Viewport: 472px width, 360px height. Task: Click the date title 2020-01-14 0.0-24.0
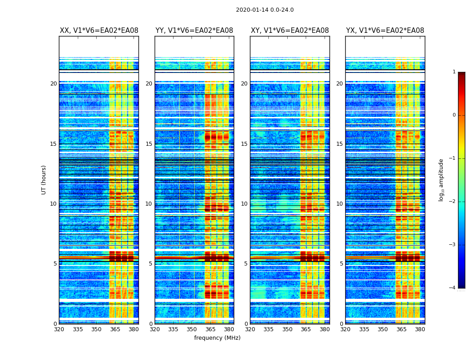tap(265, 10)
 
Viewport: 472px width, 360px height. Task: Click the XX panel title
tap(99, 31)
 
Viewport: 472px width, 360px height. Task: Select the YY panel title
tap(194, 31)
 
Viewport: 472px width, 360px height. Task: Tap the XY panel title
tap(289, 31)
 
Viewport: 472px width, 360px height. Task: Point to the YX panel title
tap(385, 31)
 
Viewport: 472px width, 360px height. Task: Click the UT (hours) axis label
tap(44, 180)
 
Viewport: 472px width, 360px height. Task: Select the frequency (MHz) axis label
tap(217, 338)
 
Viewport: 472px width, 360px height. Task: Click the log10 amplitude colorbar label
tap(441, 180)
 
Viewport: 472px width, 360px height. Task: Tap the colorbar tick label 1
tap(454, 72)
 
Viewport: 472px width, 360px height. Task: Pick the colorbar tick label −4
tap(453, 288)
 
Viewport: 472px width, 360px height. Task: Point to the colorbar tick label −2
tap(453, 202)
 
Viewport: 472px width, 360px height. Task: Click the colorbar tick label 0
tap(454, 115)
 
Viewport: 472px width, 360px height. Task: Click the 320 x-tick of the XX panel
tap(59, 329)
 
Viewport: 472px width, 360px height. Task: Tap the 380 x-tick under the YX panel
tap(420, 329)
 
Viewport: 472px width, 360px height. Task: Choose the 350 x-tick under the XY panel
tap(287, 329)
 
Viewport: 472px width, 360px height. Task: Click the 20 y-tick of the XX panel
tap(53, 84)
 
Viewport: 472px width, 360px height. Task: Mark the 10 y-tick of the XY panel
tap(245, 204)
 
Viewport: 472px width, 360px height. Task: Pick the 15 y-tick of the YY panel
tap(149, 144)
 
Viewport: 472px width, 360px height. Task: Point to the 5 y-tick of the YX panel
tap(341, 264)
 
